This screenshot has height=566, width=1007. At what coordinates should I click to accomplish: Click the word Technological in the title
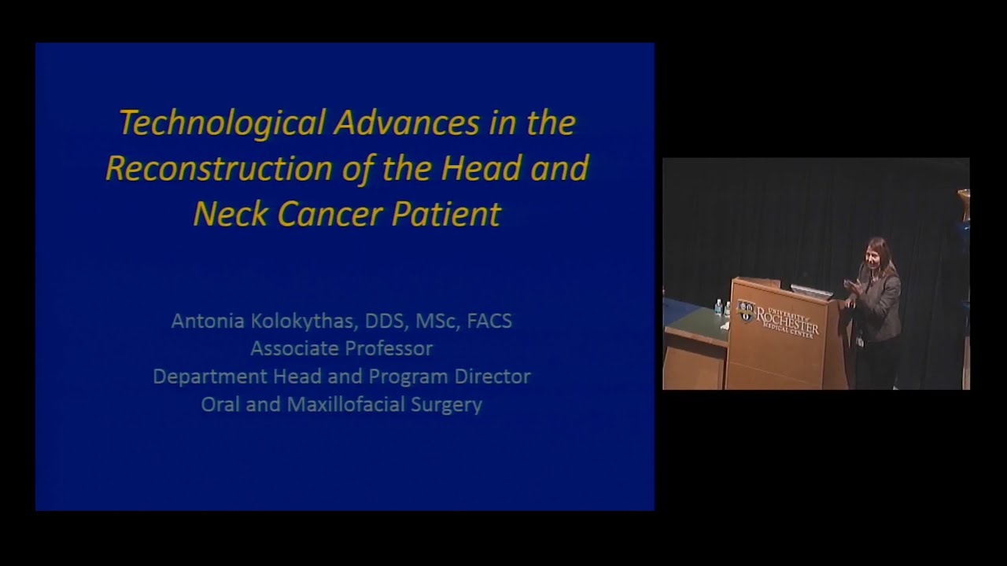coord(222,123)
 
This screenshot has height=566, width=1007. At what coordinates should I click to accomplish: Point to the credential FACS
coord(489,321)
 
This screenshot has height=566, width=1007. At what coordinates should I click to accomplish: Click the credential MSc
coord(433,321)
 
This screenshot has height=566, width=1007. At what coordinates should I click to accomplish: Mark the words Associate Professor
coord(341,348)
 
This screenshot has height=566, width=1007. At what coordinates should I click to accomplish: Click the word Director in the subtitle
coord(492,377)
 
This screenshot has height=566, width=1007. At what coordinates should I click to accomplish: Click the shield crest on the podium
coord(746,311)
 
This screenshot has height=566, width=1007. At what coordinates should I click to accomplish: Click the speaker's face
coord(877,254)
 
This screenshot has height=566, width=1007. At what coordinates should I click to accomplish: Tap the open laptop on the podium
coord(810,292)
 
